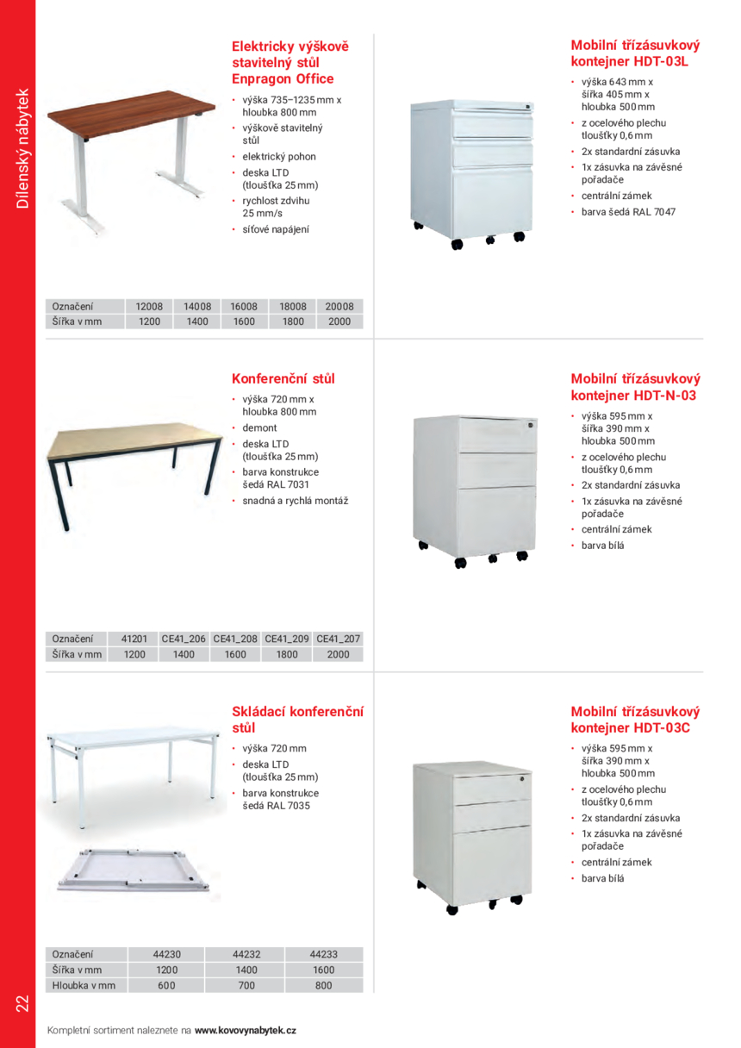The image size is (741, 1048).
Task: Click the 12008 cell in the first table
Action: (x=143, y=306)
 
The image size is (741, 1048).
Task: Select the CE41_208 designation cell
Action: (x=235, y=639)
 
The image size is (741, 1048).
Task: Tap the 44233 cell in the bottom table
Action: (x=323, y=954)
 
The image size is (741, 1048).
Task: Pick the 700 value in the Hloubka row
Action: (x=245, y=985)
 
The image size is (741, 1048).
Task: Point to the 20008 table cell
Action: (x=339, y=306)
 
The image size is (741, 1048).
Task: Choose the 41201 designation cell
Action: (x=134, y=639)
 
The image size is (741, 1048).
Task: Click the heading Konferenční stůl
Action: (x=283, y=378)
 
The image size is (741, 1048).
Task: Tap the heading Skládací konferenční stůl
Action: (x=297, y=720)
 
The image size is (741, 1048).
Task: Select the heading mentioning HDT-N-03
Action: (x=635, y=387)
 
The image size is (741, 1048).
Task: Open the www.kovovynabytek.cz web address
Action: (x=246, y=1030)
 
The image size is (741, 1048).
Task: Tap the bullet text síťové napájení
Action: (x=275, y=229)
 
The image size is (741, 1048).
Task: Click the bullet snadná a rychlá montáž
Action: (x=296, y=501)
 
